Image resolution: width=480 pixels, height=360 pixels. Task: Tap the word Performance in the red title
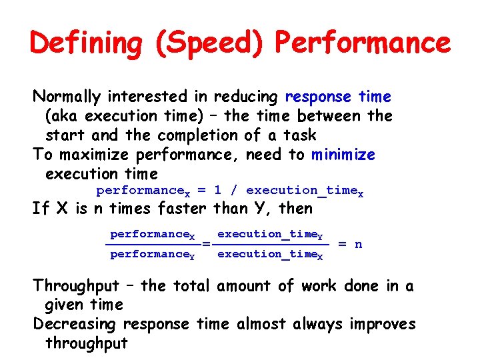click(x=363, y=43)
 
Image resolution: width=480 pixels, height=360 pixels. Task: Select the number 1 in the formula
click(x=218, y=191)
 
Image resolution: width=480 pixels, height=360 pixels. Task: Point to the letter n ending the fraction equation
click(x=359, y=244)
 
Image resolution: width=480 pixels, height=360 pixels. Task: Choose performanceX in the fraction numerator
click(x=153, y=235)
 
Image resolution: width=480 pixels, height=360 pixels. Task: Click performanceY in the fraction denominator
click(x=153, y=255)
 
